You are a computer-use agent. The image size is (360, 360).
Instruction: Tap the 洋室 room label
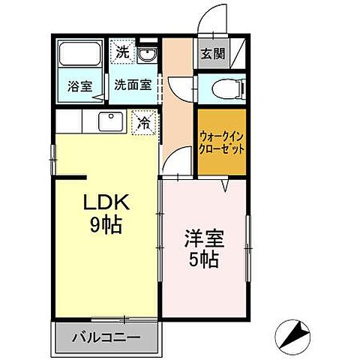point(202,244)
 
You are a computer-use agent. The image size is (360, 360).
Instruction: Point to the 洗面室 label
point(132,85)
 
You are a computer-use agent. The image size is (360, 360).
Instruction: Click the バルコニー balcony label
point(106,337)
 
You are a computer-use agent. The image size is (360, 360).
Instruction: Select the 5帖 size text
point(202,262)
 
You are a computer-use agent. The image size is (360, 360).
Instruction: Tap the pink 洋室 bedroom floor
point(202,292)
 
